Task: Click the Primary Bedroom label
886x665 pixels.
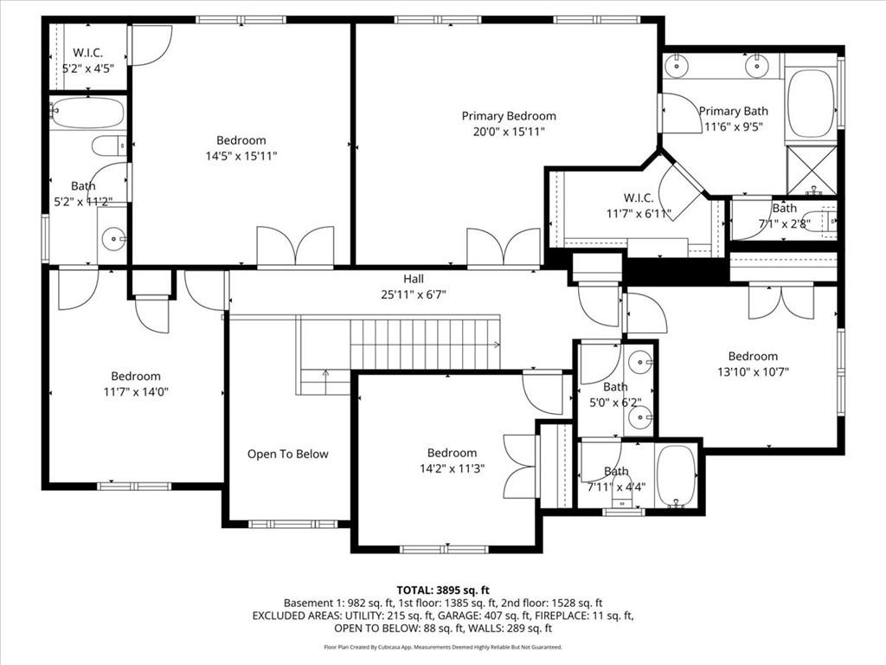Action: pyautogui.click(x=509, y=116)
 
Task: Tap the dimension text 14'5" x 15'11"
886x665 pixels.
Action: pyautogui.click(x=241, y=156)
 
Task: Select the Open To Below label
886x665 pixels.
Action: pyautogui.click(x=288, y=454)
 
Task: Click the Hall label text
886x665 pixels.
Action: pyautogui.click(x=414, y=279)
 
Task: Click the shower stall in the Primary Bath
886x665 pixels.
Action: pyautogui.click(x=812, y=171)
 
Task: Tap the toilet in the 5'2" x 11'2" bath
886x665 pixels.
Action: pyautogui.click(x=108, y=145)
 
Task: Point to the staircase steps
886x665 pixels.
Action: pyautogui.click(x=424, y=343)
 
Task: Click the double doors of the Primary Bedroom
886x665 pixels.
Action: pyautogui.click(x=504, y=247)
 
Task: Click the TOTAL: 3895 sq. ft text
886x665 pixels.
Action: pyautogui.click(x=443, y=589)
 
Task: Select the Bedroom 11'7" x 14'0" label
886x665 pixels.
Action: pyautogui.click(x=136, y=384)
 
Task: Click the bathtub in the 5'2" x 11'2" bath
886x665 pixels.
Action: pyautogui.click(x=87, y=113)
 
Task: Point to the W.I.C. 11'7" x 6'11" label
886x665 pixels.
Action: pyautogui.click(x=639, y=205)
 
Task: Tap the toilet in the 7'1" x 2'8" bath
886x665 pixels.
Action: pyautogui.click(x=818, y=220)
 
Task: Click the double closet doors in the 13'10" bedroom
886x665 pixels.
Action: pyautogui.click(x=781, y=300)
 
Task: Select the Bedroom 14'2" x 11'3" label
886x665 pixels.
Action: pyautogui.click(x=452, y=461)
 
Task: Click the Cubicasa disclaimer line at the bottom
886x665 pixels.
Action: pyautogui.click(x=443, y=647)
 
